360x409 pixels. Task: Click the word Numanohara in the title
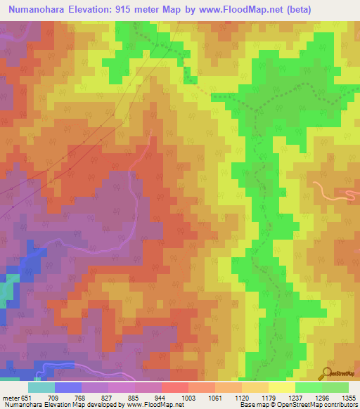pyautogui.click(x=33, y=9)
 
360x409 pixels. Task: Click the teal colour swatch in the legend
pyautogui.click(x=41, y=387)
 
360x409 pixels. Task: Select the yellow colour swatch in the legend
pyautogui.click(x=282, y=387)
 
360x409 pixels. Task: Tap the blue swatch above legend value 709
pyautogui.click(x=68, y=387)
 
